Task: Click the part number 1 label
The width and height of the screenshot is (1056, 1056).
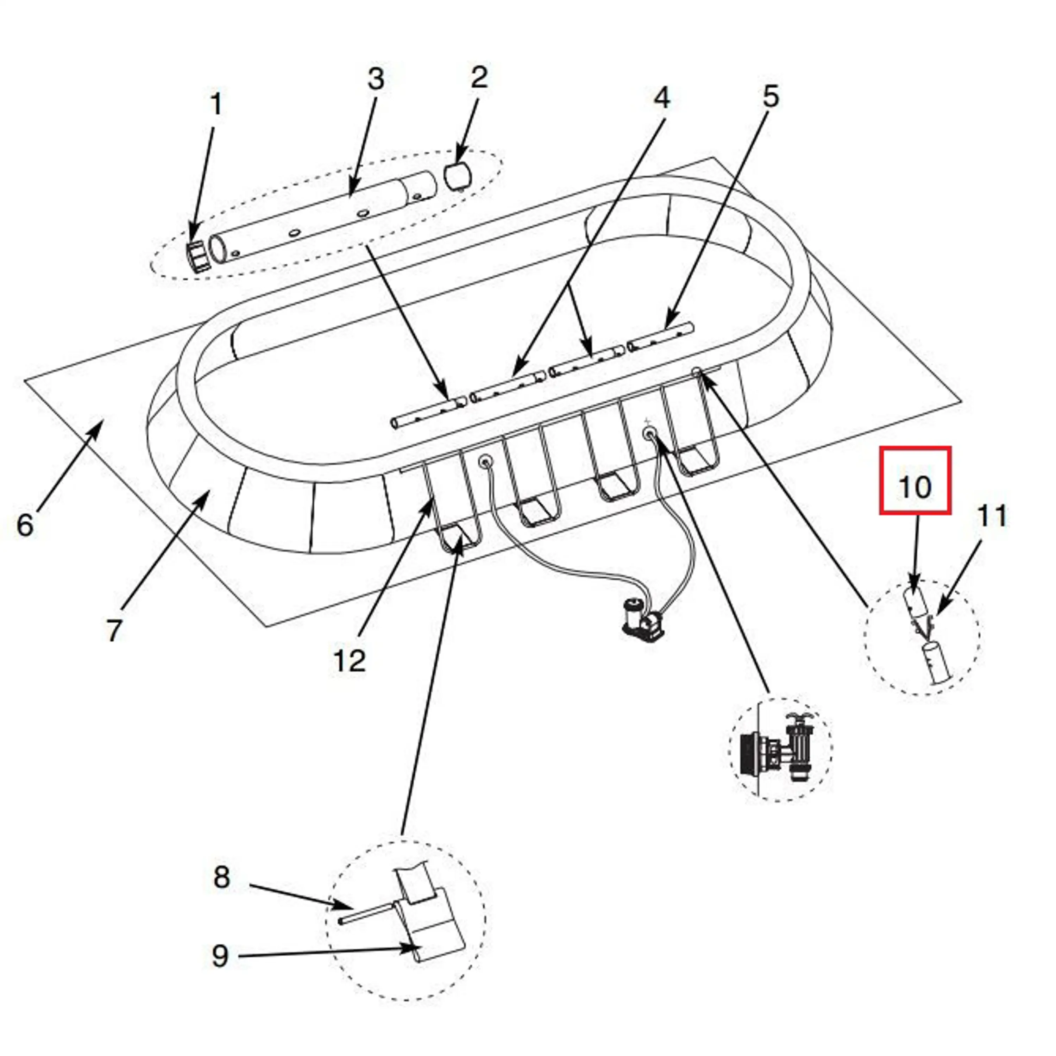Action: point(216,105)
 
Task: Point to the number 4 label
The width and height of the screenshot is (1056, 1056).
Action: point(661,99)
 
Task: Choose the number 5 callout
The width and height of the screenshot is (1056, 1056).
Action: point(770,97)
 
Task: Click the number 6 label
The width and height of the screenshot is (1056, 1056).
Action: point(25,525)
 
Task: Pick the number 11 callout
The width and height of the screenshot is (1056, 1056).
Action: point(992,516)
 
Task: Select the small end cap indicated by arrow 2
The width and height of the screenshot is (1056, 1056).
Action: point(460,175)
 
